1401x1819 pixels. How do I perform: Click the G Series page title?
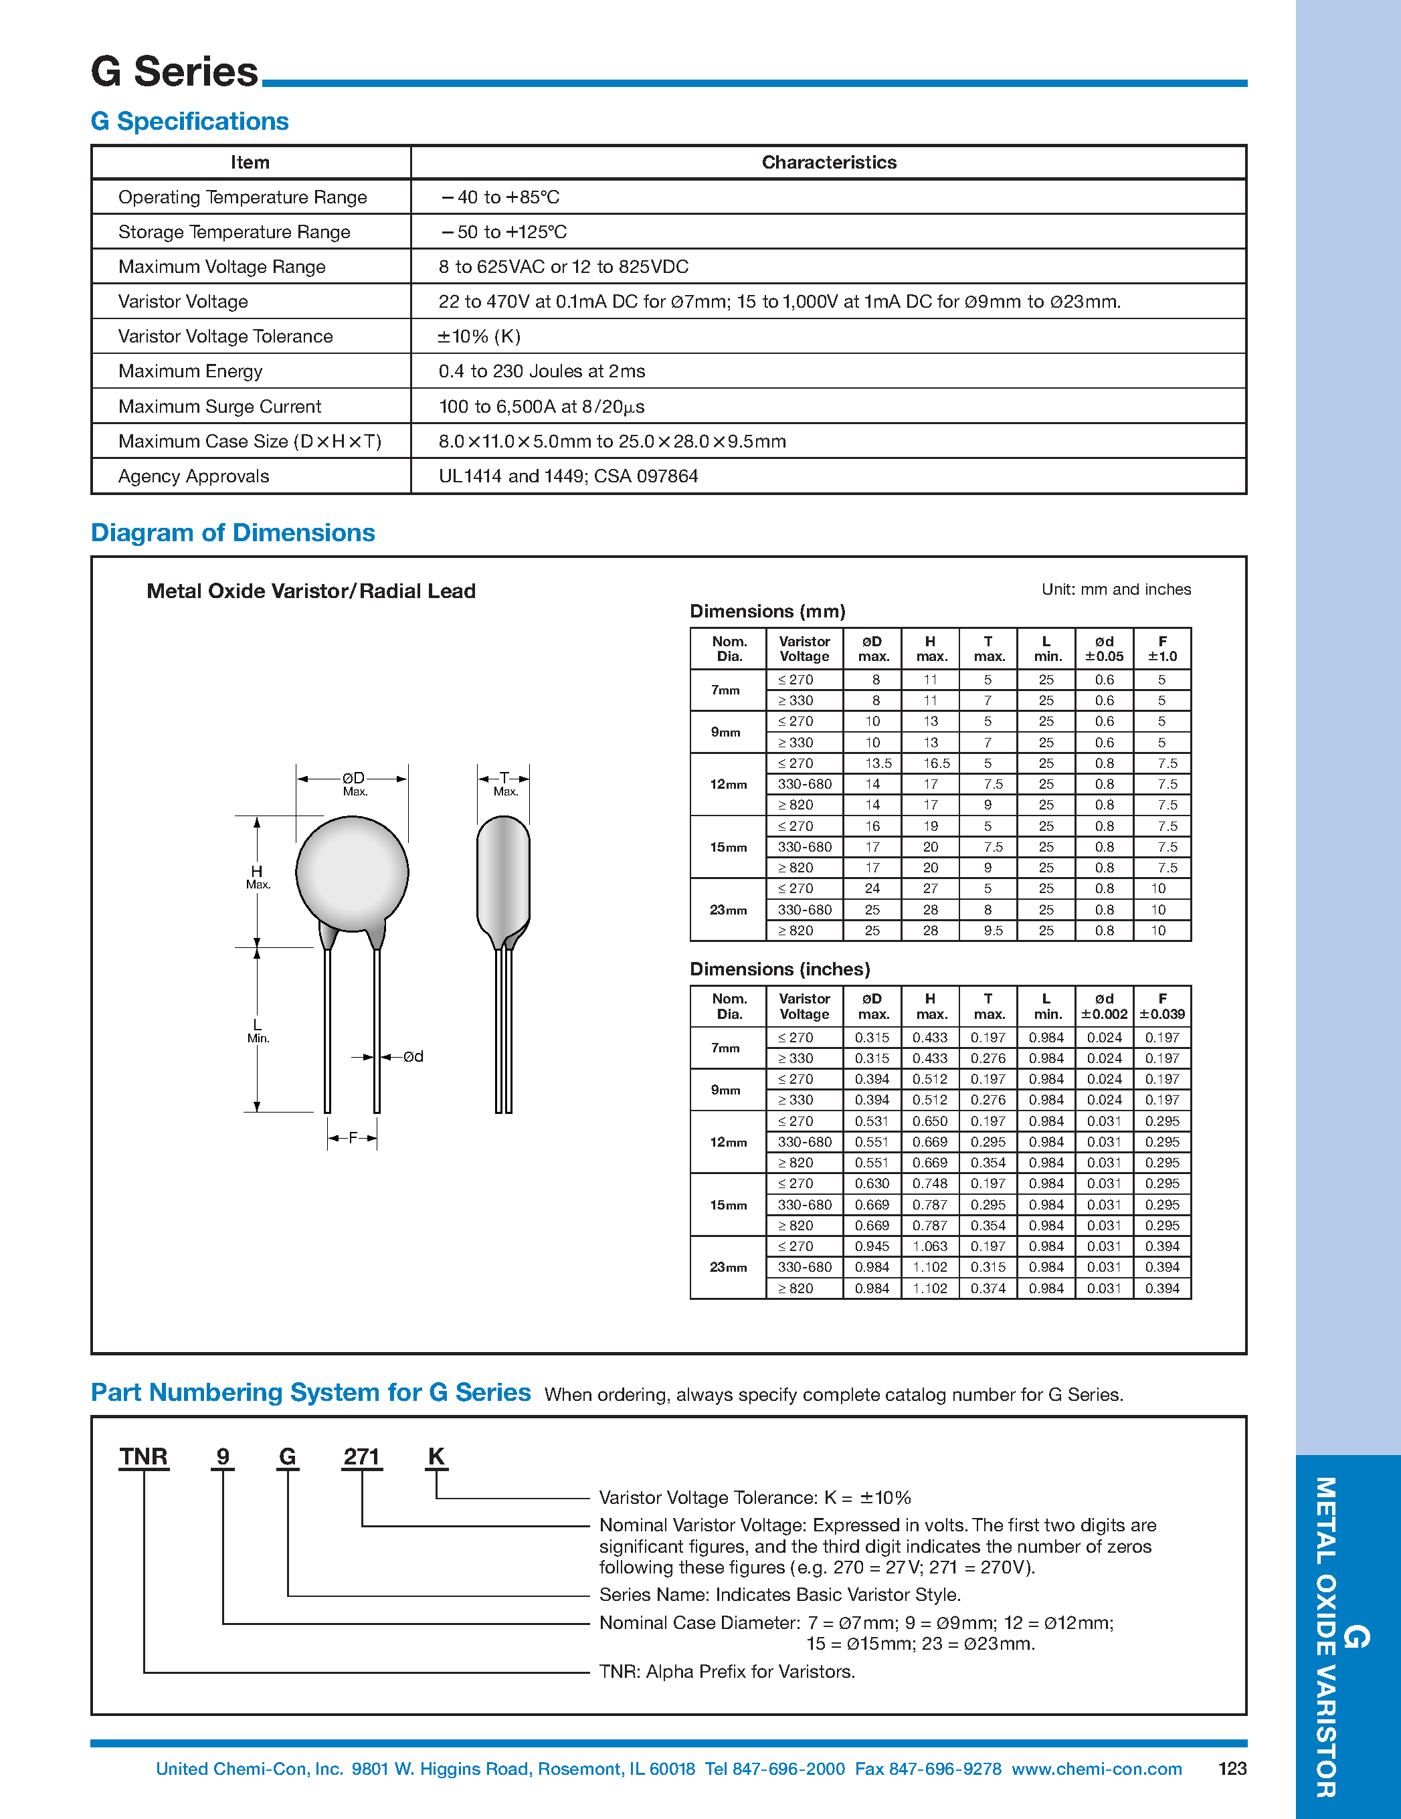174,72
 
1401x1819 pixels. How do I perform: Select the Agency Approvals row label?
193,476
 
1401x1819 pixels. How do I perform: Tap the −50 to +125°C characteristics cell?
504,232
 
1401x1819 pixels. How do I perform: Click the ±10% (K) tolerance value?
479,337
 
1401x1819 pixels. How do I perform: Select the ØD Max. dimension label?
353,782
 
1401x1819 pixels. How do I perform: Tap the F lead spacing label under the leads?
353,1138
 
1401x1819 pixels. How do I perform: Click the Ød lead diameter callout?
413,1057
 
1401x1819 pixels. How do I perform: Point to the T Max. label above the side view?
504,783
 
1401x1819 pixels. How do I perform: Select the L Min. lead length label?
258,1031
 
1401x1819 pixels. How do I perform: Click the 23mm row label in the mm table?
728,911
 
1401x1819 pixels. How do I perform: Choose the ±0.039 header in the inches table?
1162,1014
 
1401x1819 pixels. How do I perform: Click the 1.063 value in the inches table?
929,1247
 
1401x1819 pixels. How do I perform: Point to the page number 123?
1232,1769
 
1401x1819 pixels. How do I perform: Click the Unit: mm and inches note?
1115,589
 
